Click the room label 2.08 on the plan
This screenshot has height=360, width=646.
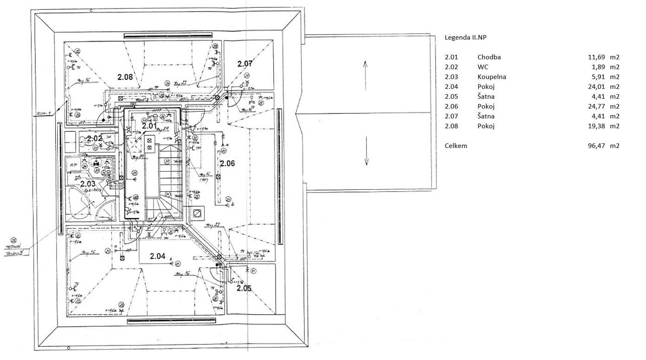125,77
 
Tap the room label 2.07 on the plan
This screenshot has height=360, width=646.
245,64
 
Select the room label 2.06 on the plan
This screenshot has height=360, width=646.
227,163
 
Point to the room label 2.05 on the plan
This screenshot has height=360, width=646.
244,288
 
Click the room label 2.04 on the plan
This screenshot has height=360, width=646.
158,256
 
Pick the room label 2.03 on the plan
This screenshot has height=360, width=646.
88,184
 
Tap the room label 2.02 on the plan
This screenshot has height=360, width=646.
94,138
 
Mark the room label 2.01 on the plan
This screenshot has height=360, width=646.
149,126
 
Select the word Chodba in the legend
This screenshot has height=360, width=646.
489,57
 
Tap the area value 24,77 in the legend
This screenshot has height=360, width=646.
596,106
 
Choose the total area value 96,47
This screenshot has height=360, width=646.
596,146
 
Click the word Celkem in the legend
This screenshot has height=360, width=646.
456,146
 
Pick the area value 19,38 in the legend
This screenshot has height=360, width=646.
596,126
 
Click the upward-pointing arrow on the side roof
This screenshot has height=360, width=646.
366,74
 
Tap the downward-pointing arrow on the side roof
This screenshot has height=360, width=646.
366,151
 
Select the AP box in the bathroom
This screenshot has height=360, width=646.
73,164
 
